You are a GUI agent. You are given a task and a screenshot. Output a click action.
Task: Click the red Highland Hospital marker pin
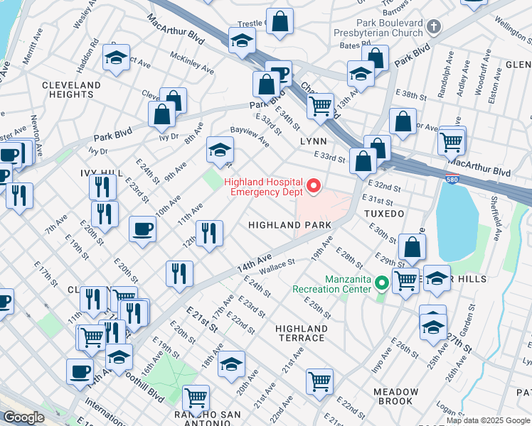[314, 187]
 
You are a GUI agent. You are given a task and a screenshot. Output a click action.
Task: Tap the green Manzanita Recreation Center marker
[382, 284]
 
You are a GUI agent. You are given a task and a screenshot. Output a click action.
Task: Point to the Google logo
[23, 417]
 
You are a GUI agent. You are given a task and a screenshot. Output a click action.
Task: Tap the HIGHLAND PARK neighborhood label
[289, 225]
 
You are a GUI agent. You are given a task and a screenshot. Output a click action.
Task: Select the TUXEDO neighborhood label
[384, 213]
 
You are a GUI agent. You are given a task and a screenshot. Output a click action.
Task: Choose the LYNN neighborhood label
[313, 141]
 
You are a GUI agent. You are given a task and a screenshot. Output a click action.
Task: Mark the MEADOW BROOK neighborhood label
[396, 396]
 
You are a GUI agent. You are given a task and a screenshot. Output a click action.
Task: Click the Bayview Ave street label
[249, 136]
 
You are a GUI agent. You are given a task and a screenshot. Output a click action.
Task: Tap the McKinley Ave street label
[191, 63]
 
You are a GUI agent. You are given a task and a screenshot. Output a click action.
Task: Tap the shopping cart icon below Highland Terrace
[320, 382]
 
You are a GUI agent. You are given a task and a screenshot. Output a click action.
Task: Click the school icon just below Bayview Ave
[220, 151]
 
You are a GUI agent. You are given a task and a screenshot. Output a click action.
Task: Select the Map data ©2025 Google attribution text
[489, 420]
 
